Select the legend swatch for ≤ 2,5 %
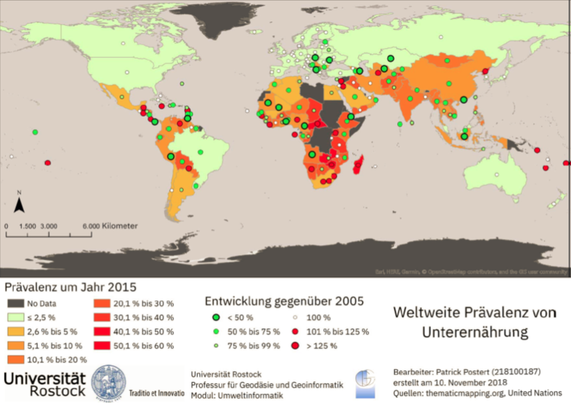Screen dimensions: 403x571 [x=17, y=317]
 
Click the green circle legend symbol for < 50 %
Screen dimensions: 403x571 [x=217, y=316]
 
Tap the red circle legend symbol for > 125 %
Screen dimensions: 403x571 [x=295, y=346]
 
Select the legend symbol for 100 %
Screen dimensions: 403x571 [x=295, y=316]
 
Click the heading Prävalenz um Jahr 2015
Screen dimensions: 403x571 [x=71, y=288]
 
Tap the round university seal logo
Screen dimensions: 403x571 [x=107, y=382]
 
